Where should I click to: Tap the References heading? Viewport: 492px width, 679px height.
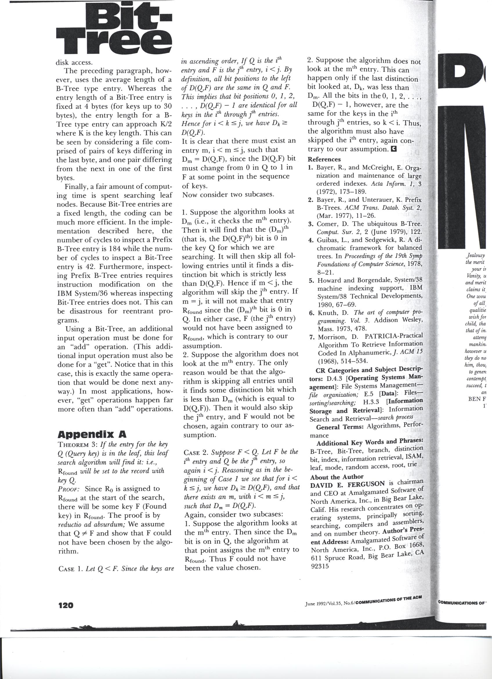click(324, 159)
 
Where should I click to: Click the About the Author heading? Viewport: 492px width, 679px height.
click(337, 477)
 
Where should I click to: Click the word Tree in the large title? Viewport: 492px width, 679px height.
click(115, 42)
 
